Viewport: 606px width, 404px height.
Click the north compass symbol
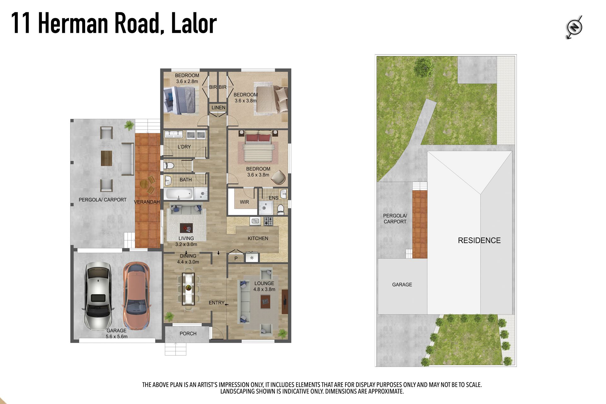click(x=574, y=27)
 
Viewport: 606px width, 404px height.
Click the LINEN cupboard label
click(x=218, y=108)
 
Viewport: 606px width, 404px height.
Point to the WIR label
click(x=244, y=202)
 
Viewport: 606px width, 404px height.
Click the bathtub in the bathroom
click(x=178, y=194)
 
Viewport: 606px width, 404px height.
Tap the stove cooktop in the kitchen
click(x=268, y=221)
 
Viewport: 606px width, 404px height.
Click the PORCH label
click(x=188, y=334)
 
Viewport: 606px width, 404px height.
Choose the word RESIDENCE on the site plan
click(x=479, y=241)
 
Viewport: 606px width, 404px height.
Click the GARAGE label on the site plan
click(x=402, y=285)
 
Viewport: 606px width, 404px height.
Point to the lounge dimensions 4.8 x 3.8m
click(x=264, y=289)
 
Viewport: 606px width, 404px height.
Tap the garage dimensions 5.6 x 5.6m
click(x=116, y=336)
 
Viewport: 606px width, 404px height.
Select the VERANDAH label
click(x=147, y=202)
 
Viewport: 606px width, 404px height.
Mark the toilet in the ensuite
click(x=280, y=209)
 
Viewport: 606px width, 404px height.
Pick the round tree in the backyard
click(x=423, y=67)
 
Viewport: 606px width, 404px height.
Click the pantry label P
click(x=236, y=258)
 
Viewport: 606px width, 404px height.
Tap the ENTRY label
click(x=217, y=303)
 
